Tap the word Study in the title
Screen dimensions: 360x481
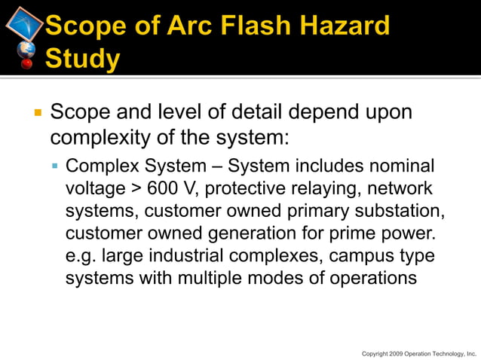[x=82, y=57]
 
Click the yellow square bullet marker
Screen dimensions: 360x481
[x=36, y=114]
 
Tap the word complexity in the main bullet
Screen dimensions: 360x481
[x=103, y=139]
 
